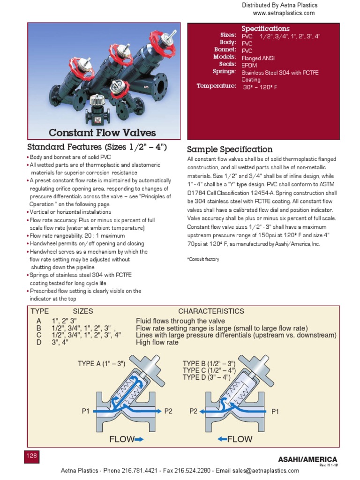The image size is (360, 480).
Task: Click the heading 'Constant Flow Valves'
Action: (x=102, y=133)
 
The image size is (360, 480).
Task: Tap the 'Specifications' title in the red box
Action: (x=265, y=29)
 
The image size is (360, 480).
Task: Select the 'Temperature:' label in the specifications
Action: (x=216, y=86)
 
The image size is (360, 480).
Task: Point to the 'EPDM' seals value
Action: (x=249, y=65)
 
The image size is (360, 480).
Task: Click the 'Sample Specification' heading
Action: (x=230, y=150)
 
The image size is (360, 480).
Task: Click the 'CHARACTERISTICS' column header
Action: (x=211, y=311)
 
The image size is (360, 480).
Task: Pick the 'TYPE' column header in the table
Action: (x=40, y=311)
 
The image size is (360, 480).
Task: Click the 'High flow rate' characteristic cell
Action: (x=157, y=342)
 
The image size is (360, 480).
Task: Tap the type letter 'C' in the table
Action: (x=39, y=335)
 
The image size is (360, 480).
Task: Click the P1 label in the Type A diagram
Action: (x=85, y=411)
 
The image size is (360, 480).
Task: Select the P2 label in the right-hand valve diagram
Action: (x=194, y=411)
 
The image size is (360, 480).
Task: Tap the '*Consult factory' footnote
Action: (x=203, y=259)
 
